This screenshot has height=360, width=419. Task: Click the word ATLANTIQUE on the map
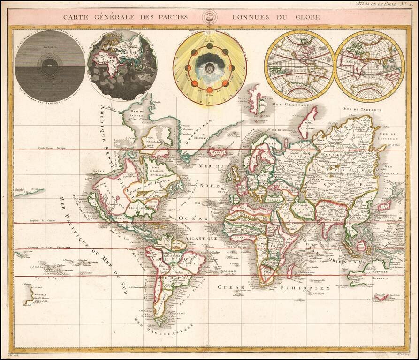[200, 239]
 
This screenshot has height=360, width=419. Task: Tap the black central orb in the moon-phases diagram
[210, 67]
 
